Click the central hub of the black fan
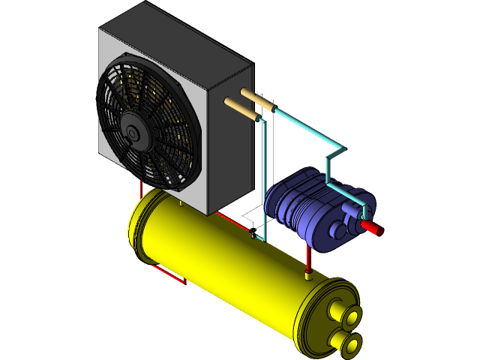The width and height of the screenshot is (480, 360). pos(133,133)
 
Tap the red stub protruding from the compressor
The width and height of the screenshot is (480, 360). pos(372,227)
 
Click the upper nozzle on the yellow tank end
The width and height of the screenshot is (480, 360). pos(349,318)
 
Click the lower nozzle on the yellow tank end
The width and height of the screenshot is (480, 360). pos(351,343)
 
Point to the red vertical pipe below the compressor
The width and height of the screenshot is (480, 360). pos(308,260)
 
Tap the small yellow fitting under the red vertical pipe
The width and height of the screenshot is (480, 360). pos(308,276)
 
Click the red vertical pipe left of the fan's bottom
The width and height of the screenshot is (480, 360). pos(141,187)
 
